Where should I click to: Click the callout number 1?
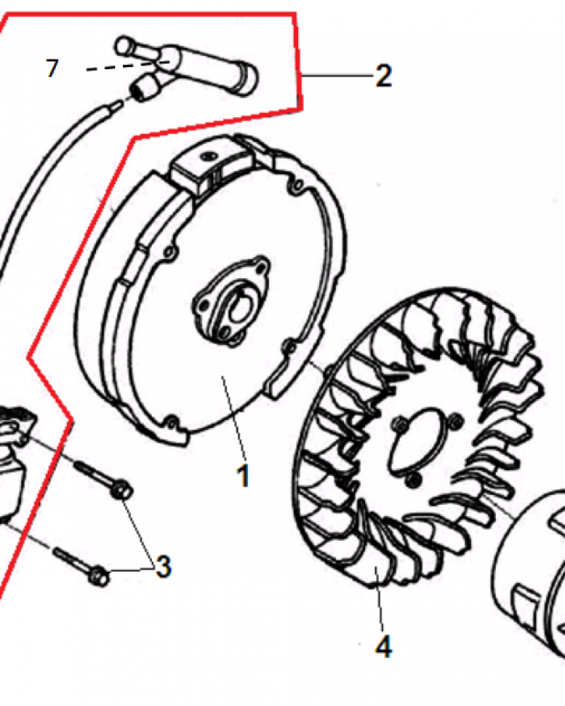(x=243, y=475)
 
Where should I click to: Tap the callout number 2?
(x=383, y=76)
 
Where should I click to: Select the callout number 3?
(x=163, y=566)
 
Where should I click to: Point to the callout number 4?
(x=383, y=647)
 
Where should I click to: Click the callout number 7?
(x=52, y=68)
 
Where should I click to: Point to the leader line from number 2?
(x=337, y=76)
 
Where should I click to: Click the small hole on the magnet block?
(x=208, y=156)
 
